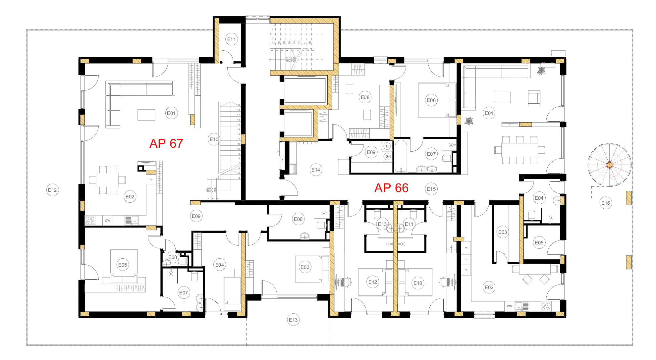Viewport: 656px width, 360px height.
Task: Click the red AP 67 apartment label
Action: point(166,143)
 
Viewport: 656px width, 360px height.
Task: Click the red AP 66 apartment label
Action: point(391,188)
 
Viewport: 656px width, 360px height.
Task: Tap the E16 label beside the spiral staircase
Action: point(605,203)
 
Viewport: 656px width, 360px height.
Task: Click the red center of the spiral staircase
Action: point(609,165)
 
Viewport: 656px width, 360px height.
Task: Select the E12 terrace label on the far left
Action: point(52,190)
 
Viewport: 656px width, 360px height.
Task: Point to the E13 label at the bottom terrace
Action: point(293,320)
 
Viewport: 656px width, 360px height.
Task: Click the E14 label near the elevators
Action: point(316,170)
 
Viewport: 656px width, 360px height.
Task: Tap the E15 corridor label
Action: point(431,189)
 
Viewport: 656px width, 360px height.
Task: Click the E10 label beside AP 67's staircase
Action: point(214,139)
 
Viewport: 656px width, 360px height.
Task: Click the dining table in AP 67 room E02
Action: point(107,180)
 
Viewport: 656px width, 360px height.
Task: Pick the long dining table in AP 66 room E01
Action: point(519,150)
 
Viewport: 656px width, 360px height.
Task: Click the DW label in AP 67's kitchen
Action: point(108,220)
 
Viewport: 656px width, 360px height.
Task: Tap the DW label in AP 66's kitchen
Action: point(510,306)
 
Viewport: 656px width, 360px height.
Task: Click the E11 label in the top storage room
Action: point(232,39)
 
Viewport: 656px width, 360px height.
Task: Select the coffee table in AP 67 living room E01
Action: point(146,115)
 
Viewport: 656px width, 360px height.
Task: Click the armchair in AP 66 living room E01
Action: point(534,98)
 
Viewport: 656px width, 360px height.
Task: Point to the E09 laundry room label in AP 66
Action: point(371,152)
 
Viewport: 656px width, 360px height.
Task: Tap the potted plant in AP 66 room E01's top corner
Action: point(541,71)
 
